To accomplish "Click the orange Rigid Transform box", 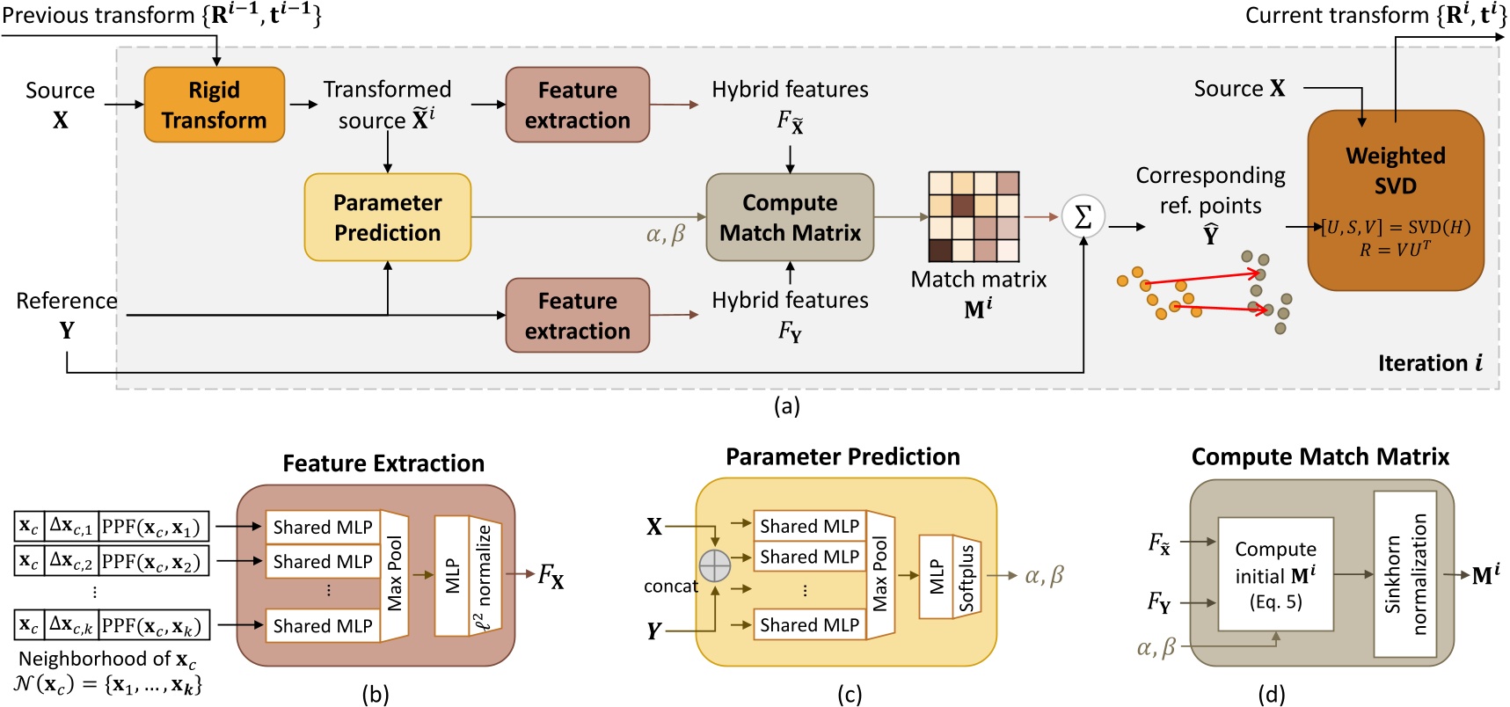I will click(215, 105).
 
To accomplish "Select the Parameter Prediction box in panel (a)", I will click(388, 217).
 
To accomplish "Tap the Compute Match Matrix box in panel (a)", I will click(790, 217).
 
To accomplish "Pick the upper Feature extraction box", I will click(578, 105).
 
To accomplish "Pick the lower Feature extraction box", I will click(578, 316).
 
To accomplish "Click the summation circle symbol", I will click(1083, 216).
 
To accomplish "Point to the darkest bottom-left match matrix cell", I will click(940, 250).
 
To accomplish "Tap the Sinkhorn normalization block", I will click(1405, 574).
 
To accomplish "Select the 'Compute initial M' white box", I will click(1275, 574).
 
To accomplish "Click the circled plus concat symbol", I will click(715, 565).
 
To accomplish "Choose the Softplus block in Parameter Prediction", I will click(967, 577).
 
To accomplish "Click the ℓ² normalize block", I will click(484, 577).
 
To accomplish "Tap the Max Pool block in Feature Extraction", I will click(395, 574).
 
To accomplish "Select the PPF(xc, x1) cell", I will click(153, 527).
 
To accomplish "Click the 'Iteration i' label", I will click(1429, 363).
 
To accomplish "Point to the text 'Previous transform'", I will click(98, 15).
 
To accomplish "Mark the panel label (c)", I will click(849, 695).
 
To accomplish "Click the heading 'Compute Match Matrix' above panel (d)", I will click(1319, 456).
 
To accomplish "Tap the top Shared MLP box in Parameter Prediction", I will click(809, 526).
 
